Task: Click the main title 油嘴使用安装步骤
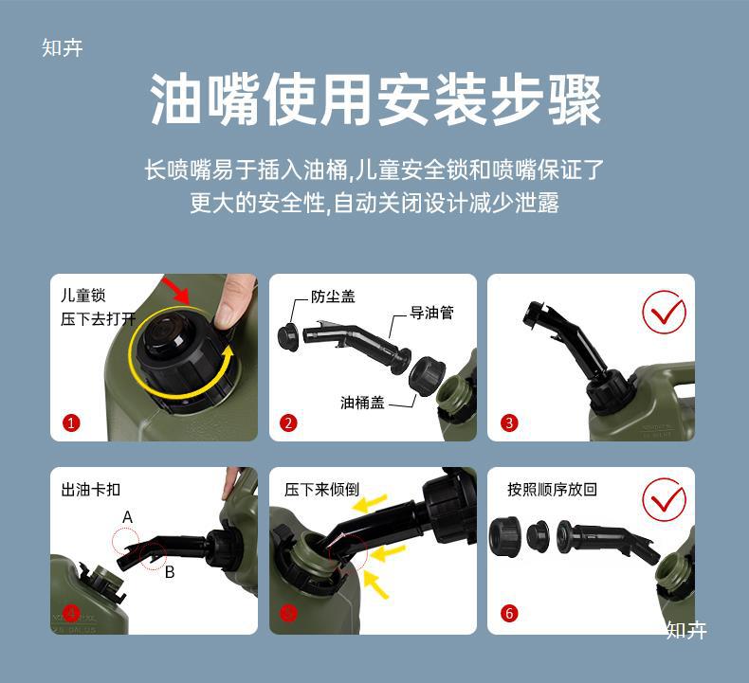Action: (x=375, y=100)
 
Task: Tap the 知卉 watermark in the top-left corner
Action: (x=63, y=48)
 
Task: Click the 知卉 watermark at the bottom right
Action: (x=685, y=630)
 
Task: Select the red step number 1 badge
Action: (x=72, y=423)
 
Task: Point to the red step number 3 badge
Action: (x=509, y=423)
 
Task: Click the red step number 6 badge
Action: (x=509, y=614)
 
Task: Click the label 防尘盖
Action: (x=333, y=297)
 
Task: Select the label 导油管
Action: (x=431, y=312)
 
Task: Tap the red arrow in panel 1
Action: (x=176, y=288)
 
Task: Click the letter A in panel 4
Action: (x=127, y=516)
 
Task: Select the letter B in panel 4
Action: (x=169, y=571)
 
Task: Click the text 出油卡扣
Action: (x=91, y=490)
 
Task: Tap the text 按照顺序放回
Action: (x=552, y=490)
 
